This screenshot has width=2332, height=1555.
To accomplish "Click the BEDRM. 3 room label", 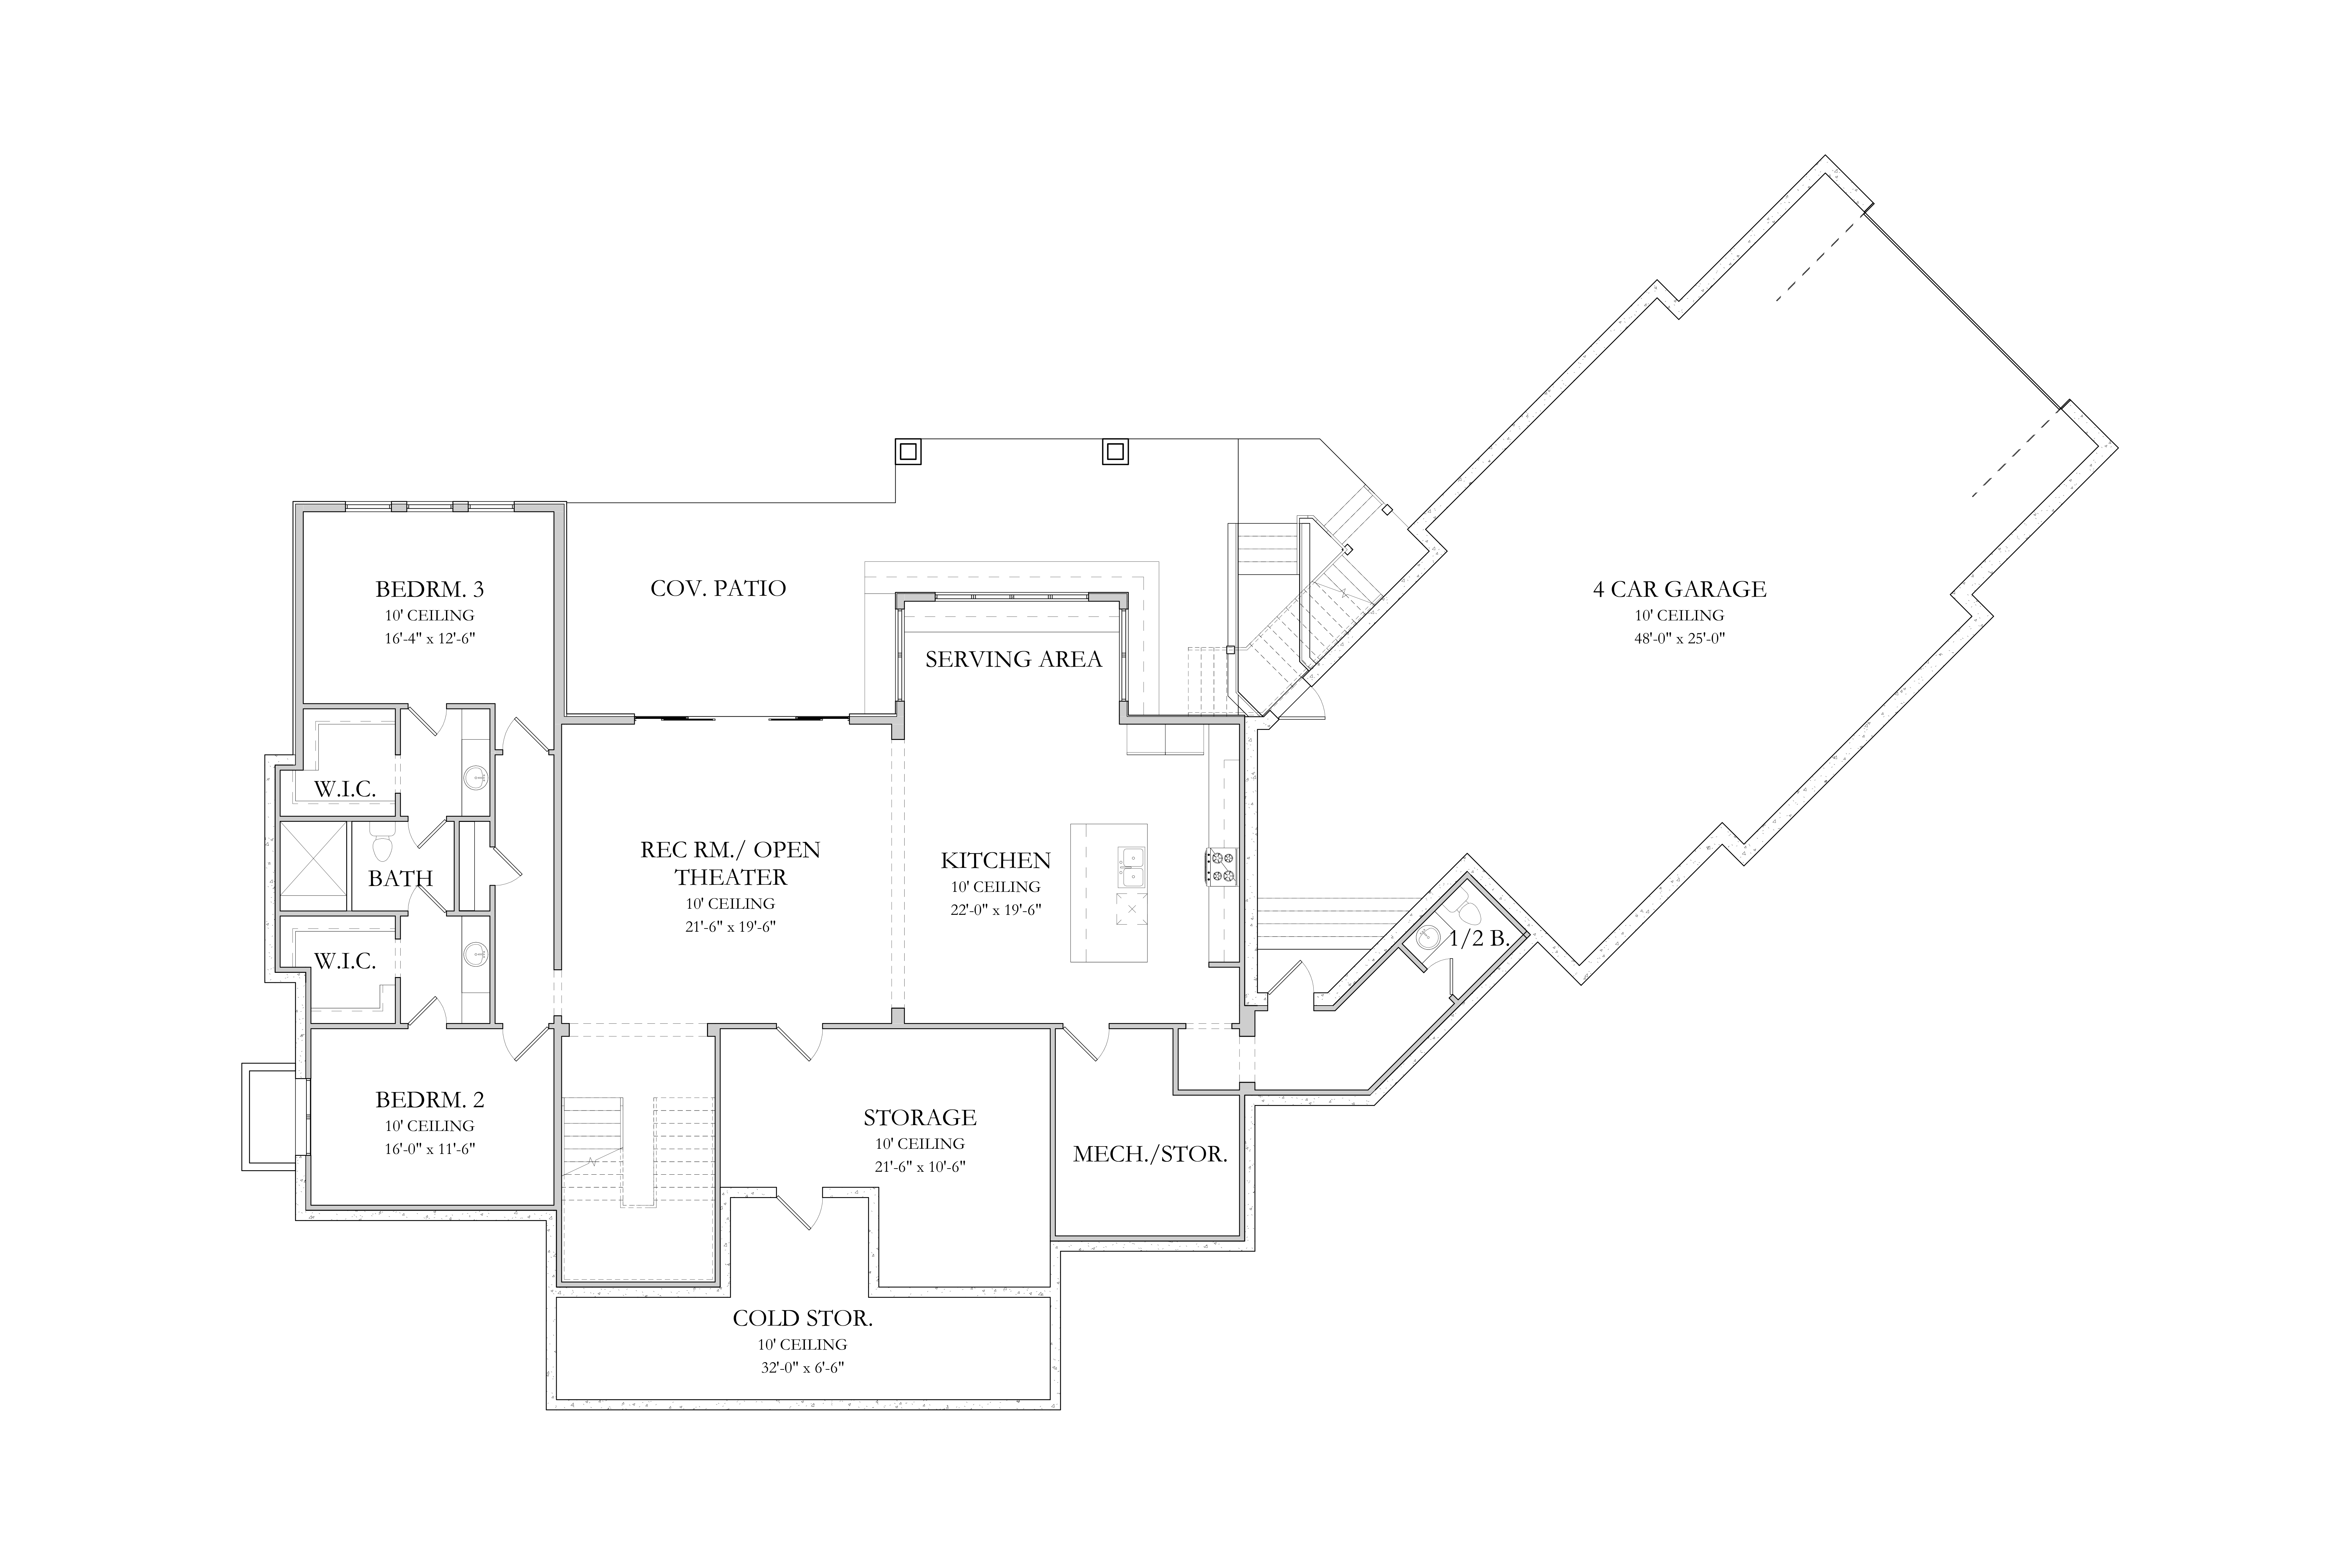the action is (x=429, y=589).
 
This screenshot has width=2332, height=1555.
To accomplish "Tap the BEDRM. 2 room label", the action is (x=429, y=1100).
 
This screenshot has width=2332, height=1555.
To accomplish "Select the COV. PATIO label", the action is (x=718, y=588).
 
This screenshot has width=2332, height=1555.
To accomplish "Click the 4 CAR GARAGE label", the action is (x=1680, y=589).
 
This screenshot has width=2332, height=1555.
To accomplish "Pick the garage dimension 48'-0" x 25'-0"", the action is (x=1680, y=639).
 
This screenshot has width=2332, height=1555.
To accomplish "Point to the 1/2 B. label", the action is (x=1479, y=938).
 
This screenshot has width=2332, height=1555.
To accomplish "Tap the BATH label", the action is (x=401, y=878).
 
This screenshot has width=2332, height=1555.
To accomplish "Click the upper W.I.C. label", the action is (x=345, y=789).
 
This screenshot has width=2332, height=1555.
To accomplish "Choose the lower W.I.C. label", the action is (x=345, y=961).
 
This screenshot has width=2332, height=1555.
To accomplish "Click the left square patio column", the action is (x=908, y=451).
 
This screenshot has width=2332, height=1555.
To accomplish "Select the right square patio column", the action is (x=1115, y=451).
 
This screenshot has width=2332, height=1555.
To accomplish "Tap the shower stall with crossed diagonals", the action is (x=313, y=866).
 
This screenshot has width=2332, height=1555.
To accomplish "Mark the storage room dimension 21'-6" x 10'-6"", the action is (x=920, y=1167).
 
